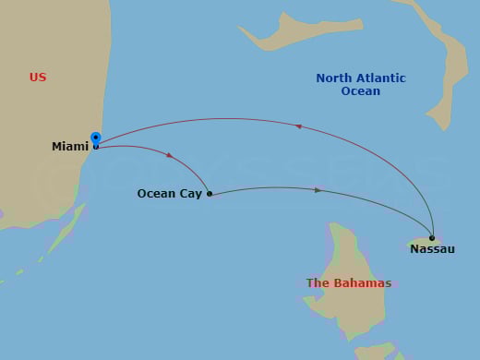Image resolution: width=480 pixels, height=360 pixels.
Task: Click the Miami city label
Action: coord(70,147)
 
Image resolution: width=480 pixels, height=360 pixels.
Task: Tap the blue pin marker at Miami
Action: coord(96,138)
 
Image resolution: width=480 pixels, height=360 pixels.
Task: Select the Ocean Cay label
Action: coord(169,194)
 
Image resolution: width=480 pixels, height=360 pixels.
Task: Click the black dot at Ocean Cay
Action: coord(210,194)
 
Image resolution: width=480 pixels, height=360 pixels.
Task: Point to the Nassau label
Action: coord(432,249)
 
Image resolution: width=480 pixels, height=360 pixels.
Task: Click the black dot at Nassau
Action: coord(432,237)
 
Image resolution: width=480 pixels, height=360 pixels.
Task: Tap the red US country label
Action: coord(38,78)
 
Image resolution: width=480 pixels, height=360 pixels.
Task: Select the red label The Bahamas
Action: coord(349,283)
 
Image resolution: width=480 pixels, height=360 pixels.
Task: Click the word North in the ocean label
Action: coord(334,78)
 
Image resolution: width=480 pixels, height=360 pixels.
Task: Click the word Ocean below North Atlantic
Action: coord(360,91)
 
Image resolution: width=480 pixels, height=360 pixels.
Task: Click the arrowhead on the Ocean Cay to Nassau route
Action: coord(318,190)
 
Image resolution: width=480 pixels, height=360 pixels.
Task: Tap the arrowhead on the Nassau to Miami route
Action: coord(298,126)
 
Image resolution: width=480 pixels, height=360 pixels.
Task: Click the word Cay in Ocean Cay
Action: coord(190,194)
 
